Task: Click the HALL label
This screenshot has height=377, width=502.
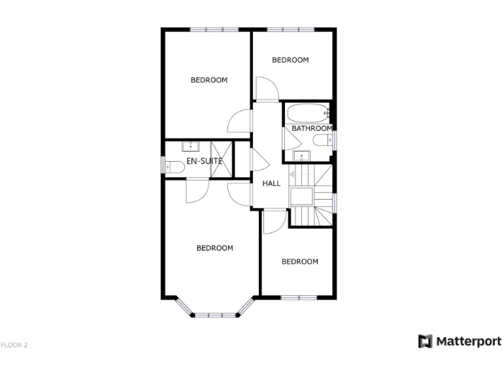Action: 271,183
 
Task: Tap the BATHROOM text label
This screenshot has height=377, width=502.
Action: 312,128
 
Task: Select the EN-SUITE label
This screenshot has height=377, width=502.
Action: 205,160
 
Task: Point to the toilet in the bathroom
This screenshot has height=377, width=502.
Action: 322,140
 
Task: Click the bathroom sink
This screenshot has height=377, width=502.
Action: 301,156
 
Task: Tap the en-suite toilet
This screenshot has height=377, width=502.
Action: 173,166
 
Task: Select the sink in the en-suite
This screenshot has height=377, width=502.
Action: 190,146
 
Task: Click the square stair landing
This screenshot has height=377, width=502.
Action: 302,196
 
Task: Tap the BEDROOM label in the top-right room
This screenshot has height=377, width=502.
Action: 290,60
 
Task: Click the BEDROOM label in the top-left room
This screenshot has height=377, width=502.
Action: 209,81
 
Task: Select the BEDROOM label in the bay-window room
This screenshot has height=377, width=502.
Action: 215,248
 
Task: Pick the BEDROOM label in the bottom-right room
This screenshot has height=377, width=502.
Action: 299,262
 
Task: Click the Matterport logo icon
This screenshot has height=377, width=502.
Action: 425,341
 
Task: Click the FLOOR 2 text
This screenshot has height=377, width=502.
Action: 14,344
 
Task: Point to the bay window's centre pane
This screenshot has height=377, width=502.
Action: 215,315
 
